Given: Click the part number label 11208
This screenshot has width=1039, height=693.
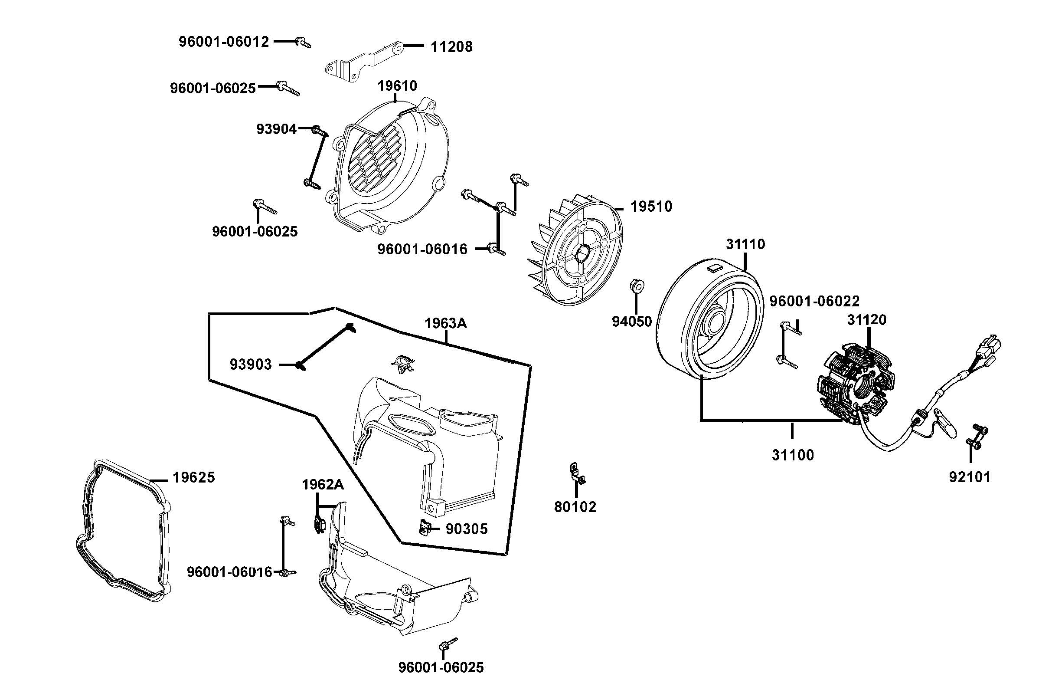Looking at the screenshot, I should tap(451, 46).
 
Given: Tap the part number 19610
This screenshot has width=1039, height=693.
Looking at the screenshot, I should tap(397, 86).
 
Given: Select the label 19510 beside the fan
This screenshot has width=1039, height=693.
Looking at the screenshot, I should tap(651, 207).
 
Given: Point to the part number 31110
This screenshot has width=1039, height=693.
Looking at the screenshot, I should tap(745, 244).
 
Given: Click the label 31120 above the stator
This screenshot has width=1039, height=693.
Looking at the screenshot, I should tap(866, 319).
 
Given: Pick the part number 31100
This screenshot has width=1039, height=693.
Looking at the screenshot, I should tap(793, 455).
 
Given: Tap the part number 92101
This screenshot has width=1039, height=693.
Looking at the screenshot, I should tap(970, 477).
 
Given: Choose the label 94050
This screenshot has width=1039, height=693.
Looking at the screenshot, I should tap(631, 321).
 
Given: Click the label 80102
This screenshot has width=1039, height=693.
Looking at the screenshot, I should tap(575, 507).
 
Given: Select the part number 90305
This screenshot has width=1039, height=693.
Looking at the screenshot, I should tap(466, 529).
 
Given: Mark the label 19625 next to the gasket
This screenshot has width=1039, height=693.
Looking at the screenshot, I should tap(193, 477).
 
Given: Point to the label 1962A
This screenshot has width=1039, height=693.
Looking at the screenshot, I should tap(322, 484).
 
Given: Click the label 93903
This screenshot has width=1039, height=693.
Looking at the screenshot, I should tap(250, 365).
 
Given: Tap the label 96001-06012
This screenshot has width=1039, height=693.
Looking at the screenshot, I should tap(223, 42).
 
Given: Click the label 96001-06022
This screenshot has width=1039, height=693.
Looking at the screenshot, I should tap(814, 301).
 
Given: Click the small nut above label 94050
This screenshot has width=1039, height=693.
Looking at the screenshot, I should tap(636, 285).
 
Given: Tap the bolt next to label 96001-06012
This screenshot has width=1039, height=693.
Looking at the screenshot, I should tap(303, 42).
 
